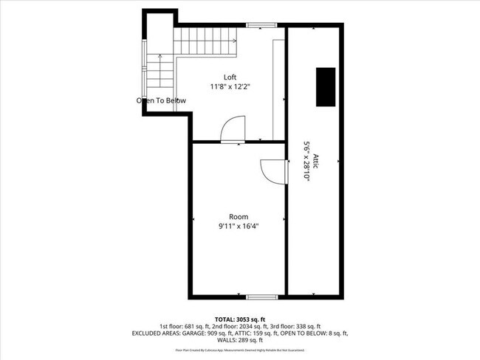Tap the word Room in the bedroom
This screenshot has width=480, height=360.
(x=239, y=216)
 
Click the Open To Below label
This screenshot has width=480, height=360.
(x=161, y=100)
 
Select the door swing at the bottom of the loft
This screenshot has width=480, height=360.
(x=233, y=128)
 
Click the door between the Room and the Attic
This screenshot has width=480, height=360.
(x=275, y=170)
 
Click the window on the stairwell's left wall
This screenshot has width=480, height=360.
(x=143, y=66)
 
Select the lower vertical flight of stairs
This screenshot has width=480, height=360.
(x=161, y=72)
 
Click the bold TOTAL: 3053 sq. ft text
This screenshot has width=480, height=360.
(x=239, y=319)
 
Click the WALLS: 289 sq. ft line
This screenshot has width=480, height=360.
(x=239, y=341)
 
